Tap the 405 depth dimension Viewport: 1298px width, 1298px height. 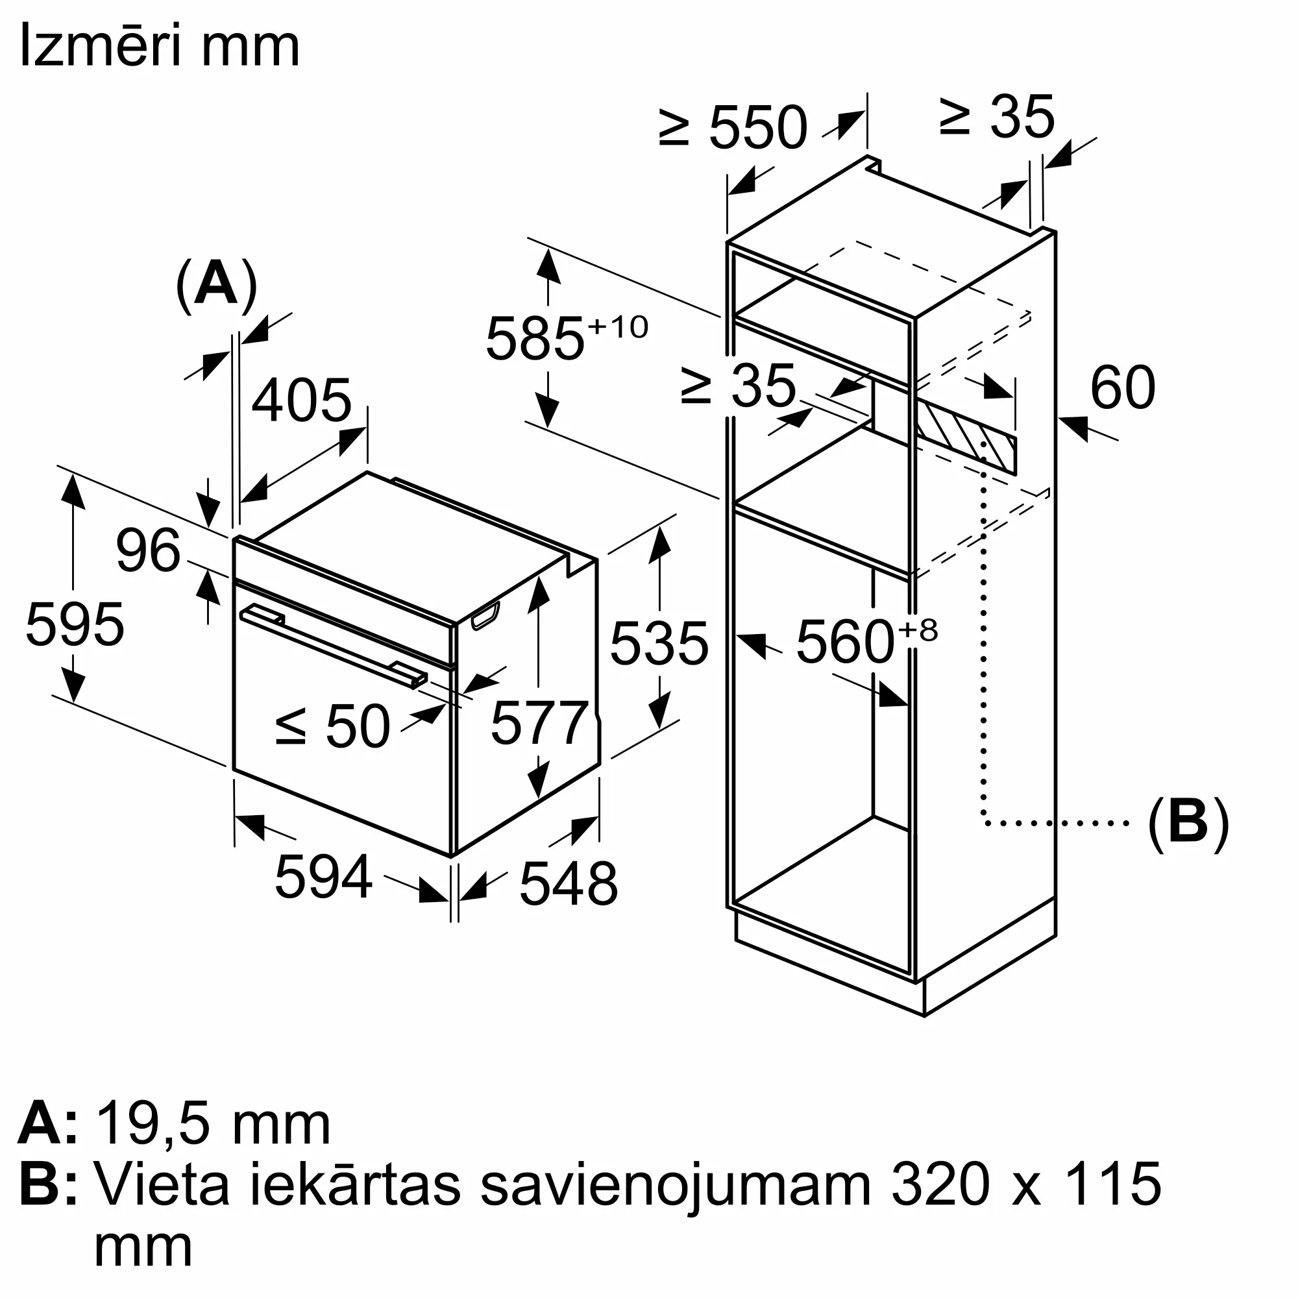tap(302, 401)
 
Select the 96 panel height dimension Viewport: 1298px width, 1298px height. tap(149, 551)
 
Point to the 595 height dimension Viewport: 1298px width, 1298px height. tap(75, 625)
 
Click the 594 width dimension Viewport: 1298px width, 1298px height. tap(323, 876)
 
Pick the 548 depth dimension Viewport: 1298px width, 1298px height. tap(569, 884)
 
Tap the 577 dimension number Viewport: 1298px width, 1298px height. tap(539, 724)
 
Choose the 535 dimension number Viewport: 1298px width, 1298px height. tap(659, 644)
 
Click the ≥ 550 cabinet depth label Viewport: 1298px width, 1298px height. tap(733, 128)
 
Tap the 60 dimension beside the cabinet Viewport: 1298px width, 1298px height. tap(1123, 387)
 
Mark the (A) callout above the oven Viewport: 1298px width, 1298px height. tap(216, 285)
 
